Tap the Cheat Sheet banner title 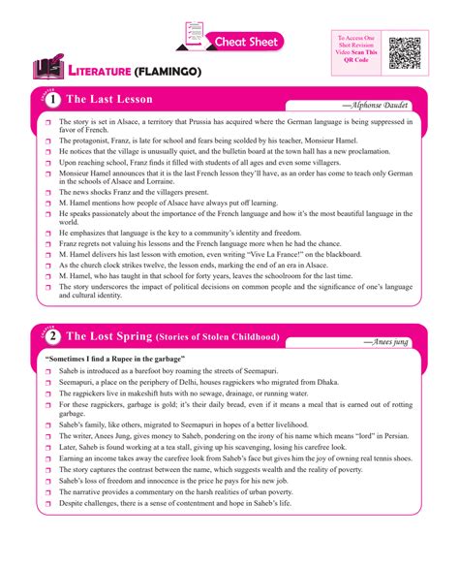tap(246, 42)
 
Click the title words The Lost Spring tap(108, 336)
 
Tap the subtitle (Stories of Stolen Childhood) tap(218, 337)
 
